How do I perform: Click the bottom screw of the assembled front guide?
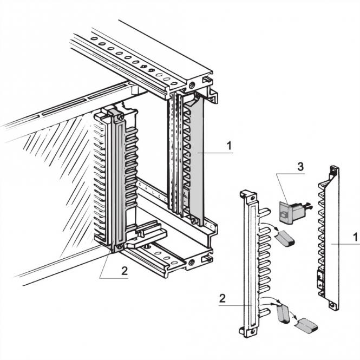(x=117, y=248)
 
